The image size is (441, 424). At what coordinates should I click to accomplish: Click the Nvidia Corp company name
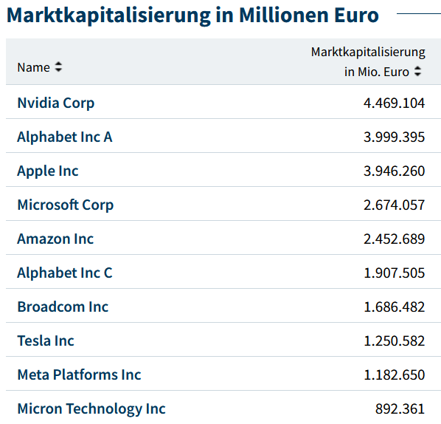click(x=56, y=103)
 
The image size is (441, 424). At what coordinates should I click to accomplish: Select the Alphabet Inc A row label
click(x=65, y=137)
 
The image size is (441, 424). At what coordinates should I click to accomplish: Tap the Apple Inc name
click(x=48, y=171)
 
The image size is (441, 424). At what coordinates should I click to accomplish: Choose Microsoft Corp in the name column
click(x=65, y=205)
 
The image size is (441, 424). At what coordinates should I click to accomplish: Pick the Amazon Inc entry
click(x=55, y=239)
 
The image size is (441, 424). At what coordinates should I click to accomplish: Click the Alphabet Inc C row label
click(x=65, y=273)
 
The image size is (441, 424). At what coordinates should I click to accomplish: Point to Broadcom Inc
click(x=63, y=307)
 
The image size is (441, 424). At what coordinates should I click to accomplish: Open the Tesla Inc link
click(x=46, y=341)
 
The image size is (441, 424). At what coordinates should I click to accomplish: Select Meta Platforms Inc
click(x=79, y=375)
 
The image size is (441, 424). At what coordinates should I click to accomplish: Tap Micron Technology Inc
click(x=91, y=409)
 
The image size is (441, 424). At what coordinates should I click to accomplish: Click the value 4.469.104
click(x=394, y=103)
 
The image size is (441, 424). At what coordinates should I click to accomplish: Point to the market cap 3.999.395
click(x=394, y=137)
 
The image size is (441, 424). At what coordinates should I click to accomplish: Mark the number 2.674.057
click(x=394, y=205)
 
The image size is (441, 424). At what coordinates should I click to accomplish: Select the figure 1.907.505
click(x=394, y=273)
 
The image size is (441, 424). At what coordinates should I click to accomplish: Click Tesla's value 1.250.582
click(x=394, y=341)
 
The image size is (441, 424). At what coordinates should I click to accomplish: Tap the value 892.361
click(x=400, y=409)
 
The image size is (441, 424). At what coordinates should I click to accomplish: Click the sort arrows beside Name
click(x=58, y=67)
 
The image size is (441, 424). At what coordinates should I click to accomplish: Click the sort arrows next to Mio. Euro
click(x=417, y=71)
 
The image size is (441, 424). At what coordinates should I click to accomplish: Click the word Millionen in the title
click(x=283, y=15)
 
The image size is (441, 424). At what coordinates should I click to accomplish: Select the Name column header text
click(x=33, y=68)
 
